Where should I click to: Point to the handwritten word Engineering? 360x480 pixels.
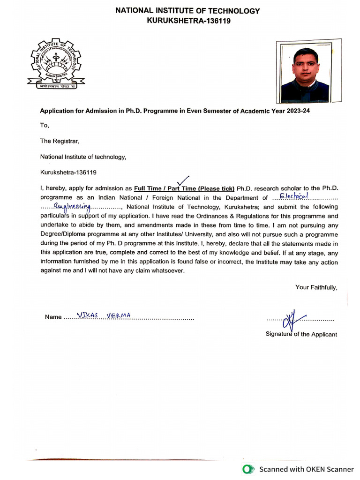(x=72, y=206)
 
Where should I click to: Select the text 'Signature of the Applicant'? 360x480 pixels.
(x=301, y=334)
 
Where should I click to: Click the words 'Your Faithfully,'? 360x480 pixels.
(x=316, y=287)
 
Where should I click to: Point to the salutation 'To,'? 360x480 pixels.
(x=45, y=125)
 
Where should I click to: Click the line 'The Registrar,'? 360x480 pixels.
(x=60, y=141)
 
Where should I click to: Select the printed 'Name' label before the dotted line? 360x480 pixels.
(x=53, y=317)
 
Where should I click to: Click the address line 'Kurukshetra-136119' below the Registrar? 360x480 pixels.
(x=68, y=172)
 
